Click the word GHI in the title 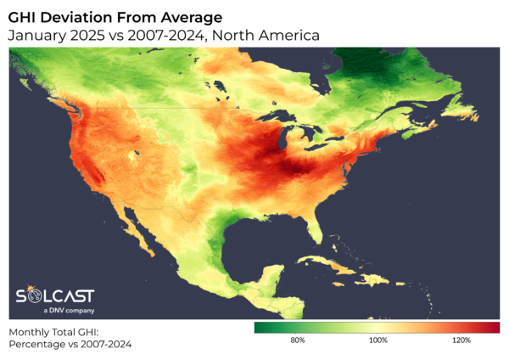click(x=27, y=16)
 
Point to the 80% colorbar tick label click(x=298, y=340)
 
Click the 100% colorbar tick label click(x=378, y=340)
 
